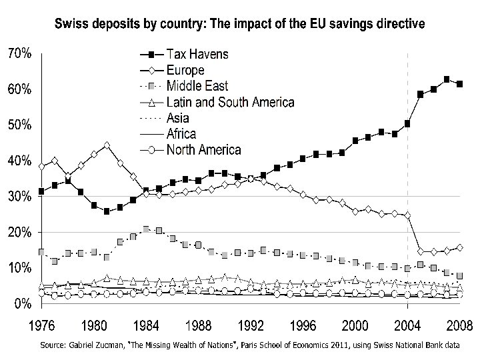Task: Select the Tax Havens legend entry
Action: pos(197,54)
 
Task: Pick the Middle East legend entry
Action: pos(197,86)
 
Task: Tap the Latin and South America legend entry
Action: pos(229,102)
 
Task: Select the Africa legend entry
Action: pos(181,134)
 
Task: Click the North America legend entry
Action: pos(203,150)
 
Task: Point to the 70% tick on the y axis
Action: pos(18,54)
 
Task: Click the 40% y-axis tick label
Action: pos(18,161)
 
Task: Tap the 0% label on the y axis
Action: pos(21,303)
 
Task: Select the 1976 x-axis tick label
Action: pos(41,326)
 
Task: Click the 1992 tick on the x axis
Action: pos(251,326)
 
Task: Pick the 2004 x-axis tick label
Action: pos(407,326)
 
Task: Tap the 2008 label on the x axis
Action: pos(459,326)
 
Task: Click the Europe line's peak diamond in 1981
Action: pos(107,145)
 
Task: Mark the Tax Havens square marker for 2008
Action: pos(459,84)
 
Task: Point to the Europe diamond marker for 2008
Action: pos(459,247)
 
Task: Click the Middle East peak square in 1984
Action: pos(146,229)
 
